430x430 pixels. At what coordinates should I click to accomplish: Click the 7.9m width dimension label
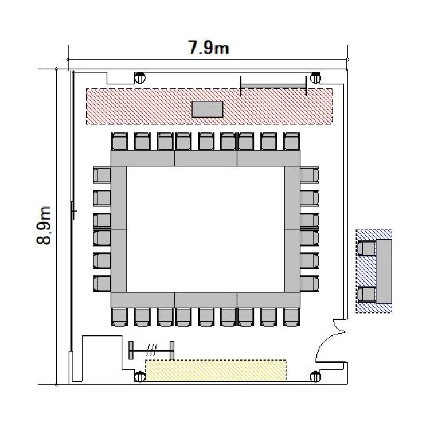209,48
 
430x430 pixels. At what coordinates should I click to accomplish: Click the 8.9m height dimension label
44,225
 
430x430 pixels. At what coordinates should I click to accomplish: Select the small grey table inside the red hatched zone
208,109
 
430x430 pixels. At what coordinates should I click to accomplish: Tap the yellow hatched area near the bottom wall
216,370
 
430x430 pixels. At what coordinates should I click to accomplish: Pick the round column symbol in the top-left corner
140,78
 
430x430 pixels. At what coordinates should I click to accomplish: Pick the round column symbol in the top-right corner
315,78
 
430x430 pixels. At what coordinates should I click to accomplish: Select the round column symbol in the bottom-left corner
140,377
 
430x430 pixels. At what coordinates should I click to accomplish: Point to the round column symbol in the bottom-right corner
315,377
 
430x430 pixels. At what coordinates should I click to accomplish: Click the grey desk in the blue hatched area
384,271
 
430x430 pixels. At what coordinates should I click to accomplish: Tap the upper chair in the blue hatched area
367,248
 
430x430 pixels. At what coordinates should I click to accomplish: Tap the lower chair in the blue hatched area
367,294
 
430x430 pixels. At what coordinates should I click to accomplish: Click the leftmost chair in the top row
120,142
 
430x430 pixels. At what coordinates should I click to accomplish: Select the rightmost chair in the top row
291,142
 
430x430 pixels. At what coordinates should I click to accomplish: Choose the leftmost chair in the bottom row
120,317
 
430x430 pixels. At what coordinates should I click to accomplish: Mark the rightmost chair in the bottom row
291,317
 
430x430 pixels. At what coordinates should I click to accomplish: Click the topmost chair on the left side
102,175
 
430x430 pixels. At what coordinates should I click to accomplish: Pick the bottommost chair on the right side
310,284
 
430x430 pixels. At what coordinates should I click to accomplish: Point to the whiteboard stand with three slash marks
151,350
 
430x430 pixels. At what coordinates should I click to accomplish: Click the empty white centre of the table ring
205,229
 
